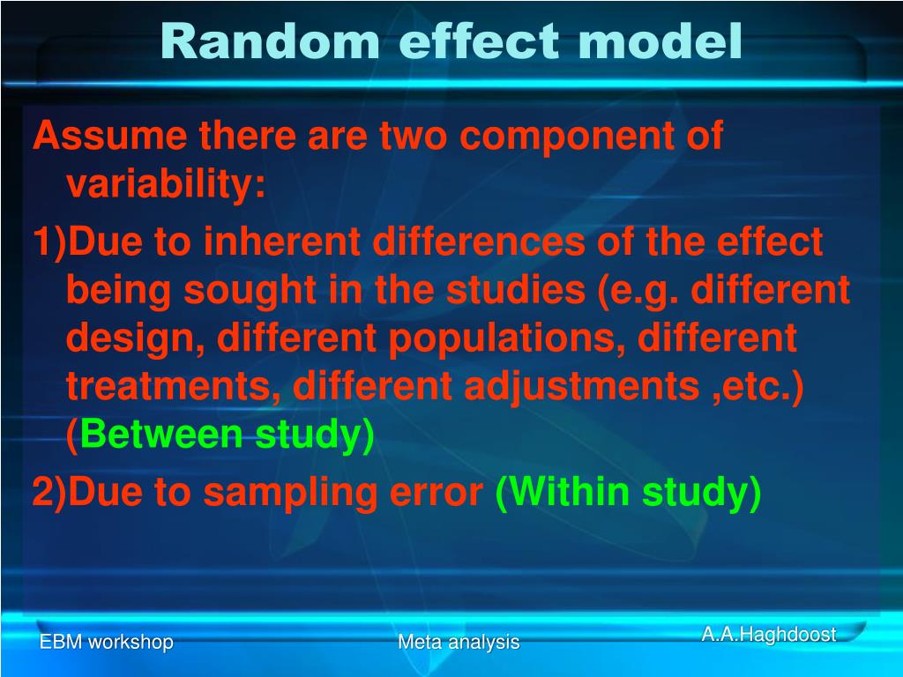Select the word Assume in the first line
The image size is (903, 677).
[x=109, y=137]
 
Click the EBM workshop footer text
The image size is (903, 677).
[x=106, y=642]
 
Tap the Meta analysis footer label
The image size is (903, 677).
[x=459, y=642]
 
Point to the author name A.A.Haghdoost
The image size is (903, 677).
[x=768, y=634]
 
